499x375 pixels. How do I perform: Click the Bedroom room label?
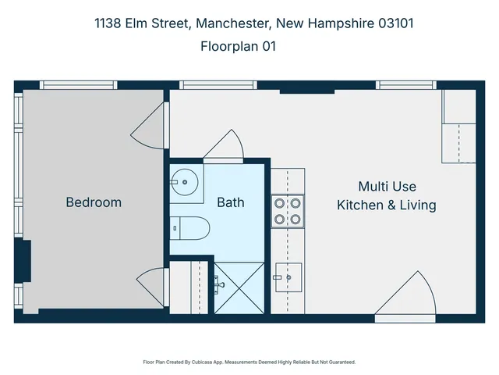click(x=94, y=202)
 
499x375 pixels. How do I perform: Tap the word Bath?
click(x=230, y=202)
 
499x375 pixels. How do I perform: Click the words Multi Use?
click(x=387, y=187)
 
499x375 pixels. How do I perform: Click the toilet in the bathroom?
click(x=189, y=228)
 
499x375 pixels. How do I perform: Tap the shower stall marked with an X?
click(x=240, y=287)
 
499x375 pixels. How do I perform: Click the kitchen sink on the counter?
click(x=288, y=275)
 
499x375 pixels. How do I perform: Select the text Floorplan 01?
click(x=238, y=47)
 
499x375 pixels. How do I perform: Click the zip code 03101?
click(x=395, y=23)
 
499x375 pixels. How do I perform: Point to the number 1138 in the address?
click(x=108, y=23)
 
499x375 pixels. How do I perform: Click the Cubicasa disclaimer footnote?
click(x=249, y=362)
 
